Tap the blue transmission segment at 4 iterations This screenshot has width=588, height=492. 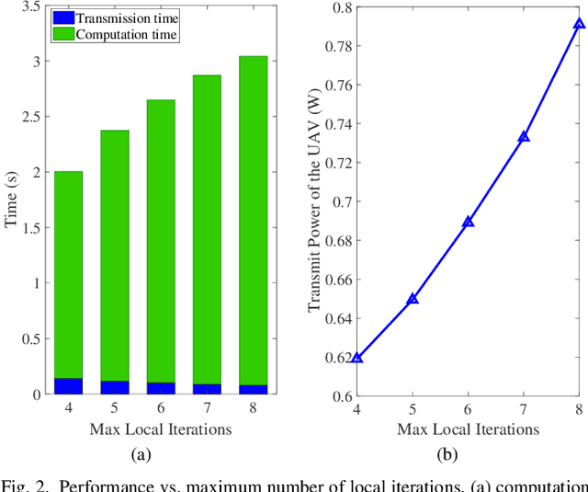pos(68,386)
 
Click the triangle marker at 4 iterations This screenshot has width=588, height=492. pos(357,357)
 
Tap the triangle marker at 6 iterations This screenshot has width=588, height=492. pos(469,222)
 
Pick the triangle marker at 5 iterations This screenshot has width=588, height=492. pos(413,299)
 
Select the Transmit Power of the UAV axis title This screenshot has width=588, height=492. pos(314,200)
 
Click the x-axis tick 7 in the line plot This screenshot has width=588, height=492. pos(524,409)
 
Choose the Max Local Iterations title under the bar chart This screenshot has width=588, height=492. pos(160,429)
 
